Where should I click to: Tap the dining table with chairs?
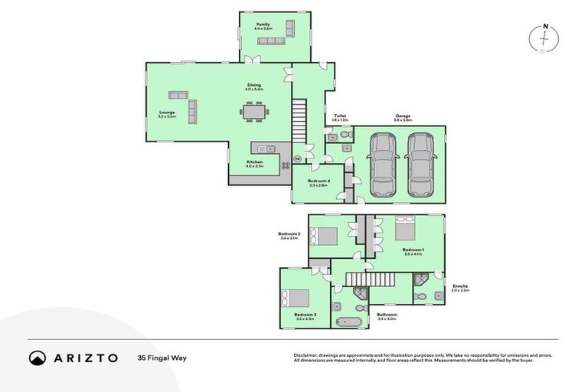pos(254,113)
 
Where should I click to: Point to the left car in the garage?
pos(382,165)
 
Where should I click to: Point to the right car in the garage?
pos(420,165)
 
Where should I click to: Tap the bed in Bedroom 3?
pos(296,299)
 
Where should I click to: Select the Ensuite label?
pos(459,288)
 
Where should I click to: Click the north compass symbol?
pos(544,38)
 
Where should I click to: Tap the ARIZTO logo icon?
pos(37,358)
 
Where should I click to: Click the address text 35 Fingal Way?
pos(162,358)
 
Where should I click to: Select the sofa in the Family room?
pos(290,28)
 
